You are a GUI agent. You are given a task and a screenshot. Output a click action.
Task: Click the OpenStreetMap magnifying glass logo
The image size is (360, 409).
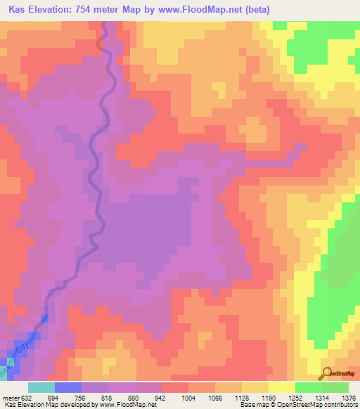[328, 372]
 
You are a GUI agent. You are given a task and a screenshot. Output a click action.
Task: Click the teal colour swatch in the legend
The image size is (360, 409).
[41, 387]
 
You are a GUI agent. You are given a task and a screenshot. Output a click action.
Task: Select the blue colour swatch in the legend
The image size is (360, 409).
[68, 387]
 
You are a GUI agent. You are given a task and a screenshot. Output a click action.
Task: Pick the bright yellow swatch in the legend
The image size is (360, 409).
[282, 387]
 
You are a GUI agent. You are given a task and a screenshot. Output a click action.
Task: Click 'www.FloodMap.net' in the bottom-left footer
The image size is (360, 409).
[127, 405]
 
